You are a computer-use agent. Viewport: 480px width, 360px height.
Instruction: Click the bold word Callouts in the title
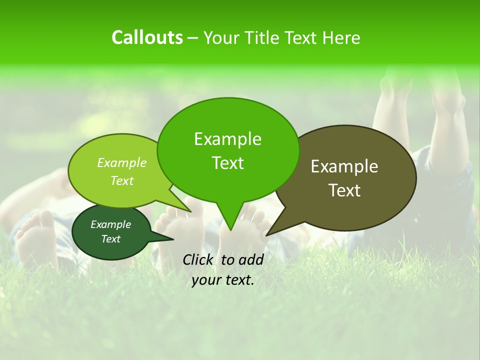(x=147, y=37)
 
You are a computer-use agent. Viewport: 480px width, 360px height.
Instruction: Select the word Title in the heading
(x=264, y=37)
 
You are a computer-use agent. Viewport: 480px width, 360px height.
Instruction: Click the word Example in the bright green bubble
(x=227, y=139)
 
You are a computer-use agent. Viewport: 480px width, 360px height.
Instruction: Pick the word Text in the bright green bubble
(x=227, y=163)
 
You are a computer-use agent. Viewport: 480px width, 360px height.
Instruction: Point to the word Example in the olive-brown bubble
(x=344, y=166)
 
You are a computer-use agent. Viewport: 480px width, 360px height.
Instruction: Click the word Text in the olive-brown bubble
(x=344, y=190)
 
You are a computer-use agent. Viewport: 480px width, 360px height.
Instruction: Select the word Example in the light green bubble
(x=122, y=163)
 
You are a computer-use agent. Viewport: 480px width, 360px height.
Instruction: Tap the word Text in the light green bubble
(x=122, y=180)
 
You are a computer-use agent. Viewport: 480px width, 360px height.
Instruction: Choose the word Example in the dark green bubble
(x=110, y=224)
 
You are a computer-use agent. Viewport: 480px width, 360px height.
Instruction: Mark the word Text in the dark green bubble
(x=110, y=239)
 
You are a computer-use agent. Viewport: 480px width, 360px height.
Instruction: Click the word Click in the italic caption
(x=198, y=259)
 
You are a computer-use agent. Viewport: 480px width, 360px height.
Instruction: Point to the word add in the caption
(x=251, y=259)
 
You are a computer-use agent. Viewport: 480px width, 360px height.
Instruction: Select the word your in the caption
(x=204, y=280)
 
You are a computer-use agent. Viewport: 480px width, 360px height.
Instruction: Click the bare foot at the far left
(x=36, y=240)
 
